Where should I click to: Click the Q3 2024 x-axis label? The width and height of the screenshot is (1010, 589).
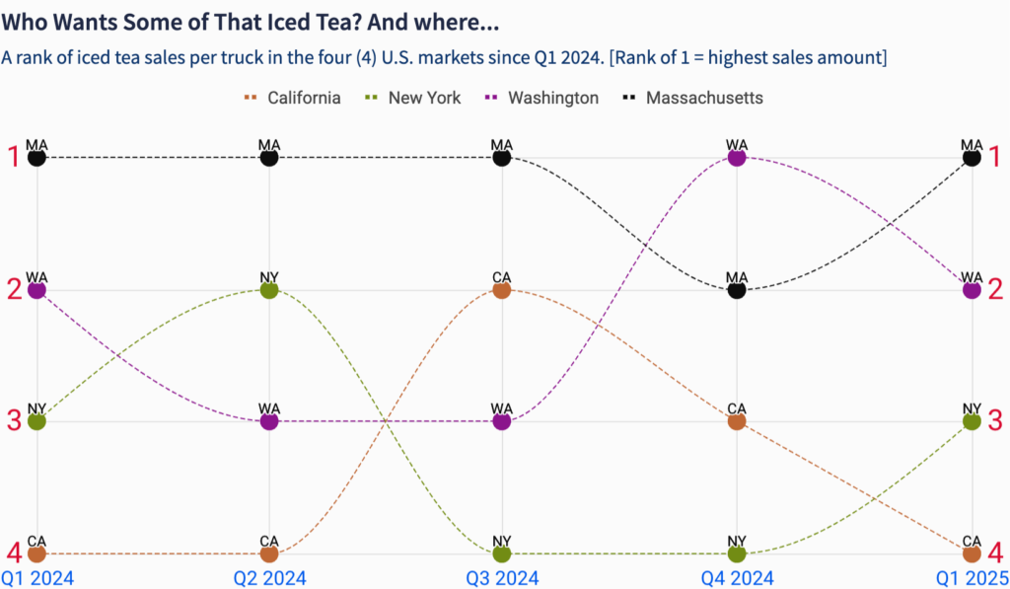point(502,577)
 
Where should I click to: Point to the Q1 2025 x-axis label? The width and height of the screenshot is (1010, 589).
point(972,577)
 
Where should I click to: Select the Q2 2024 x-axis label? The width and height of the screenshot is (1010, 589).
point(269,577)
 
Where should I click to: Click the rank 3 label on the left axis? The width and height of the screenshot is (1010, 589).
point(14,421)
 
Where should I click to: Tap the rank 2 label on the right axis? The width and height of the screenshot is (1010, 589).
point(995,290)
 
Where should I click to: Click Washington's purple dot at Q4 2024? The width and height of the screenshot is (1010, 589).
point(737,158)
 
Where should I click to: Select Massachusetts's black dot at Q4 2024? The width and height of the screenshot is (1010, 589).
point(737,290)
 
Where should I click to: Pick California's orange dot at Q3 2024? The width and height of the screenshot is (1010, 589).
point(502,290)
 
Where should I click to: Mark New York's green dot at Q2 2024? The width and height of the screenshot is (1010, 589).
point(269,290)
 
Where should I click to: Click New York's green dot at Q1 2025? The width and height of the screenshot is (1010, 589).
point(972,421)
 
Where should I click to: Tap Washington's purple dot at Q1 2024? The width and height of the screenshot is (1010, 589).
point(36,290)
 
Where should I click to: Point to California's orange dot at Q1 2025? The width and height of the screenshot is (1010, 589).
point(972,553)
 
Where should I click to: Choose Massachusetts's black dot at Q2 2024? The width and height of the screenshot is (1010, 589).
point(269,158)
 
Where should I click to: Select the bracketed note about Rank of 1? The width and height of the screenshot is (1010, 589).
point(749,58)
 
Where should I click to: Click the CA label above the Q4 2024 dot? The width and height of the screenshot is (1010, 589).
point(737,407)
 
